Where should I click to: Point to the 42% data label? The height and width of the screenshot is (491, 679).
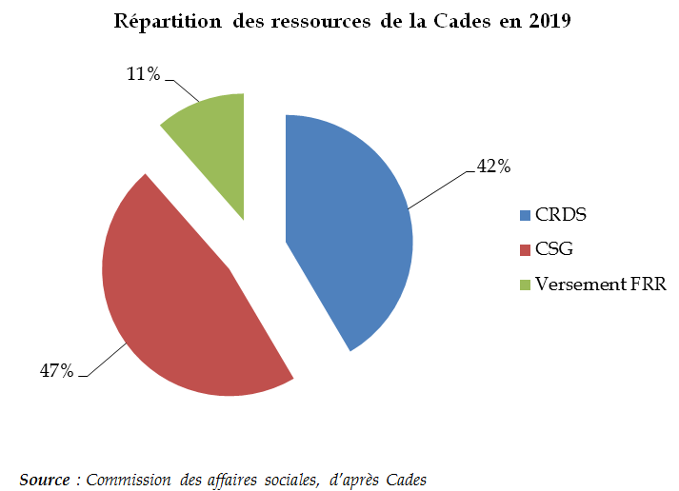493,167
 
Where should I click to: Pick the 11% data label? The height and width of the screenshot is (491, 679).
143,73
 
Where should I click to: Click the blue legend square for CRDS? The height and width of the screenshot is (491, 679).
525,214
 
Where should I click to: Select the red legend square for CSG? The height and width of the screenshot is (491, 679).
525,249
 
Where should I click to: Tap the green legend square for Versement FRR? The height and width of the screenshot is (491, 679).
525,285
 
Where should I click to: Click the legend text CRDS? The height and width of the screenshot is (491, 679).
560,214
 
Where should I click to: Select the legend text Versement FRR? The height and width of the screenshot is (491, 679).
601,285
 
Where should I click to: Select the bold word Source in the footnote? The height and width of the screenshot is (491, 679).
44,480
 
